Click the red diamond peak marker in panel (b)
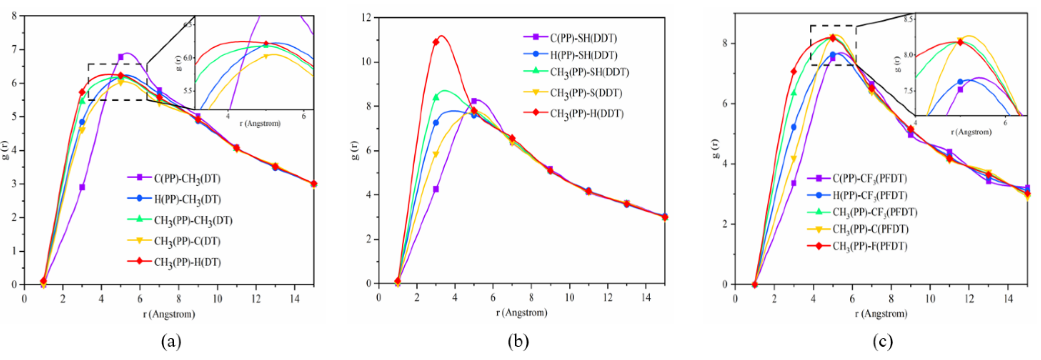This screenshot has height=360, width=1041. tap(436, 42)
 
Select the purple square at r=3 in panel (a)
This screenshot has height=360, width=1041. tap(82, 187)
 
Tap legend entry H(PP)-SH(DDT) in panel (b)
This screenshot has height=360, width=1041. tap(583, 55)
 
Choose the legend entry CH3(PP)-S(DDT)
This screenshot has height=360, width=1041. tap(586, 93)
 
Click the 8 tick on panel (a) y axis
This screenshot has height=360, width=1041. tap(14, 16)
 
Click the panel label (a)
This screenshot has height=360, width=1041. tap(171, 341)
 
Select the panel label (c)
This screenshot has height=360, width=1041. tap(882, 341)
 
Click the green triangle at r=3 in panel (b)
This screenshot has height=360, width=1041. tap(436, 97)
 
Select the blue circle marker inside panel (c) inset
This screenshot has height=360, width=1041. tap(960, 82)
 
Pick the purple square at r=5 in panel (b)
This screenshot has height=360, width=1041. tap(474, 101)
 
